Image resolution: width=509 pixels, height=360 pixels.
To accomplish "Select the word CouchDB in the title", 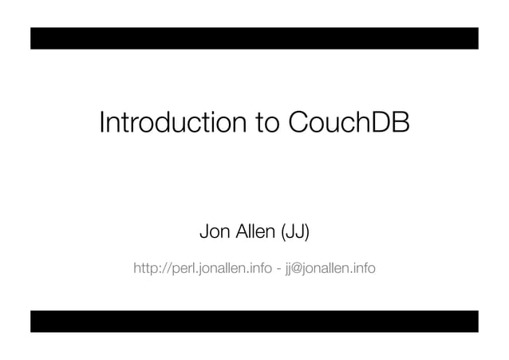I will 347,124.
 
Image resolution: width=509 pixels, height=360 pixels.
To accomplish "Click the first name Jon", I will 213,233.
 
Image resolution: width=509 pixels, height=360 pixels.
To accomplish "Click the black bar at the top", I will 254,38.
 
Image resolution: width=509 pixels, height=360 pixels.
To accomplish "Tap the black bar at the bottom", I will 254,321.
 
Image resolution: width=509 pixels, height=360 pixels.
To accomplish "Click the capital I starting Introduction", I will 101,124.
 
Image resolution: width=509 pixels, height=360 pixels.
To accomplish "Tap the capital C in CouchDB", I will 297,124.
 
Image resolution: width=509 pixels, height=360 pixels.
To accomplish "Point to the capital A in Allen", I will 237,233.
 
